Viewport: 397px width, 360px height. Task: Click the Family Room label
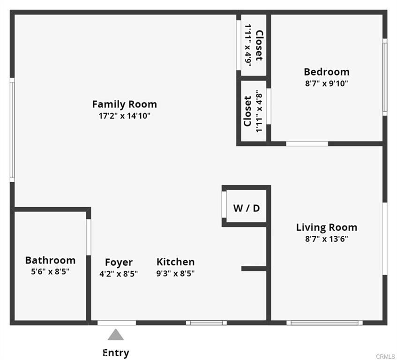coord(124,104)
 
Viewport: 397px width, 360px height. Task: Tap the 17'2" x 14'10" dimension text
coord(124,116)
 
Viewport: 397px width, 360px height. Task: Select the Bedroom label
coord(327,72)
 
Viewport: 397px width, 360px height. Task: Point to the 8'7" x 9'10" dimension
coord(327,83)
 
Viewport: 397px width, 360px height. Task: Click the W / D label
coord(247,208)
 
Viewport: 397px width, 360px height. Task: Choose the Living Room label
coord(327,227)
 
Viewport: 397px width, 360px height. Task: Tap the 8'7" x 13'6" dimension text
coord(327,239)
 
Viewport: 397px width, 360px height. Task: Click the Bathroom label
coord(50,260)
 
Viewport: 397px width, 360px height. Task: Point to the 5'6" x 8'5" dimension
coord(50,272)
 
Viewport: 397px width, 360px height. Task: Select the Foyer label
coord(119,262)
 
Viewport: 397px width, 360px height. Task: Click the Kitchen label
coord(175,262)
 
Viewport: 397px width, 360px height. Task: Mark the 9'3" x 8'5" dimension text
coord(175,273)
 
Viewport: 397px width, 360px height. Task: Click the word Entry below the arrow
coord(116,352)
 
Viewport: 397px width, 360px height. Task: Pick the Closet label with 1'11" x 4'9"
coord(260,45)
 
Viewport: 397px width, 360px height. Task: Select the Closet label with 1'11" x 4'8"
coord(247,111)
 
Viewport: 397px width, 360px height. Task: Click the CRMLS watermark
coord(385,357)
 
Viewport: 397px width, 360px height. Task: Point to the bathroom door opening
coord(89,237)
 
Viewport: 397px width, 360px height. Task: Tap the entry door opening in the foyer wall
coord(117,323)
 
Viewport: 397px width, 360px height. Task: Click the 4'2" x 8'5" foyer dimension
coord(119,274)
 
